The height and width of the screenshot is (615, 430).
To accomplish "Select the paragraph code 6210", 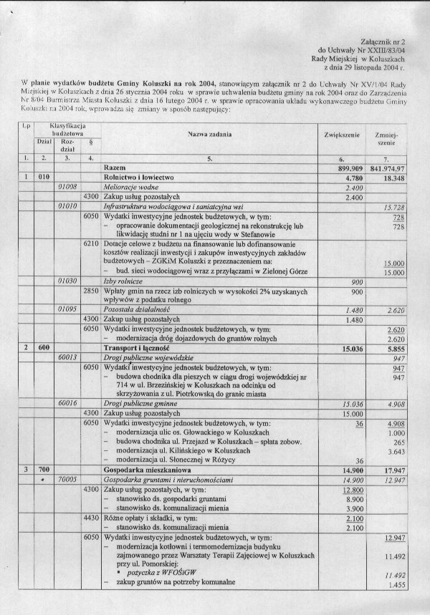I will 90,243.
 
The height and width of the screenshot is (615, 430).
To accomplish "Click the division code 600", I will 43,347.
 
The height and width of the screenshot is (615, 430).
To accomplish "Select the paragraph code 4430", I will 90,517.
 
